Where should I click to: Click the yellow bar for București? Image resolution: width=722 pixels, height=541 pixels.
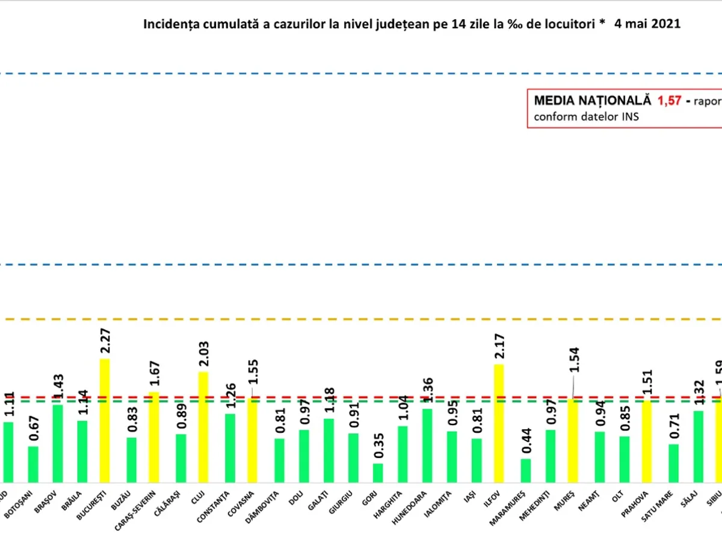105,420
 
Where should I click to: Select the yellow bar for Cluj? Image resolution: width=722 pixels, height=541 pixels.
203,427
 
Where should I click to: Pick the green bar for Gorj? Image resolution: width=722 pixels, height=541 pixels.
377,472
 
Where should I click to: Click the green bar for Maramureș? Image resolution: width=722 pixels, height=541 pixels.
526,470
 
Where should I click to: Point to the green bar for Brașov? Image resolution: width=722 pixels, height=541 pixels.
58,443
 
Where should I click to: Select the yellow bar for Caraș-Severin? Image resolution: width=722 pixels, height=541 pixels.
154,437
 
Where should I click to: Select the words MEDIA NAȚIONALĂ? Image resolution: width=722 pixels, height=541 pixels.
593,101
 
